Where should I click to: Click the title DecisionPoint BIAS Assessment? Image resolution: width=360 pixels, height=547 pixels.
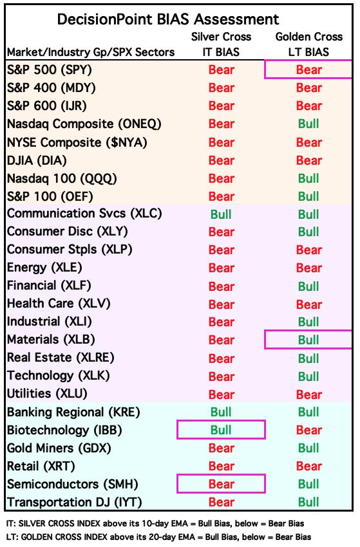click(168, 19)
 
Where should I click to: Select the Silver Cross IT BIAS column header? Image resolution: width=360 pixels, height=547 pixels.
click(221, 44)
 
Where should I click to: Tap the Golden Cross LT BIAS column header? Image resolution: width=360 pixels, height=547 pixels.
click(308, 44)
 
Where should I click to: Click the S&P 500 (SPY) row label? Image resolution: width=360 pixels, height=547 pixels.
click(49, 70)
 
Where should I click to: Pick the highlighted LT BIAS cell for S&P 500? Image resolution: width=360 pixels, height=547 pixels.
click(308, 70)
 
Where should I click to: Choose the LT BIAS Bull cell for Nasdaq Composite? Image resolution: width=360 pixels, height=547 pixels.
click(308, 124)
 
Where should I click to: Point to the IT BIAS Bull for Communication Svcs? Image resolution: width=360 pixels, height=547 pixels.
click(221, 214)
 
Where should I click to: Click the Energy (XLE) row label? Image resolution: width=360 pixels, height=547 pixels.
click(44, 268)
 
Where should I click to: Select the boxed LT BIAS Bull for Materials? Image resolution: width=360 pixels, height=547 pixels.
click(308, 340)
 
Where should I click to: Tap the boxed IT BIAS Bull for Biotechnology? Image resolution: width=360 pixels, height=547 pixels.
click(221, 430)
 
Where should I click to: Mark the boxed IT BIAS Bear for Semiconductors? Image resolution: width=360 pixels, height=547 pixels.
click(221, 484)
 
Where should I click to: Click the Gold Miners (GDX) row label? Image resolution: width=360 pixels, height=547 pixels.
click(59, 448)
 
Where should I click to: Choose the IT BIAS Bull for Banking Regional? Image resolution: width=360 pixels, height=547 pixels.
click(221, 412)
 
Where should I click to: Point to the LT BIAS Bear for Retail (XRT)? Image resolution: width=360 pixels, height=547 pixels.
click(308, 466)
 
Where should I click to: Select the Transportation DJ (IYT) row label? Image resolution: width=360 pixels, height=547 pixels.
click(74, 503)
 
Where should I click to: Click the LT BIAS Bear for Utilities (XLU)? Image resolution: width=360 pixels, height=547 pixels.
click(308, 394)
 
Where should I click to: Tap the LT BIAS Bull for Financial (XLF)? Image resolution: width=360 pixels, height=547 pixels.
click(308, 286)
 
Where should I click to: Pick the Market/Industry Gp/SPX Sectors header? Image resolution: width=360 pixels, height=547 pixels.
click(91, 52)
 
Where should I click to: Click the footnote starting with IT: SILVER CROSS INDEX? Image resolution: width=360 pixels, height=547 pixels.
click(155, 523)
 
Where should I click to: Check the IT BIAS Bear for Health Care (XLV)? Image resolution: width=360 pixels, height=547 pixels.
click(221, 304)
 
